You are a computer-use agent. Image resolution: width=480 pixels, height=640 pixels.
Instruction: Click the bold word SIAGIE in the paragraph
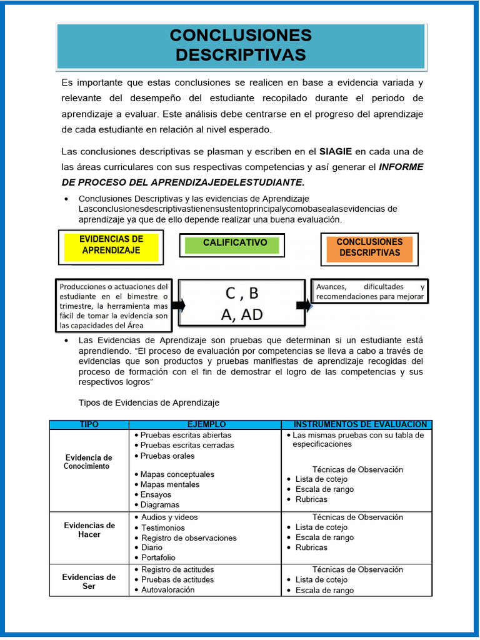(x=336, y=151)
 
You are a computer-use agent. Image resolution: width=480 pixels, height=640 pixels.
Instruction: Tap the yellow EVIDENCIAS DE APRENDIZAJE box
(x=111, y=245)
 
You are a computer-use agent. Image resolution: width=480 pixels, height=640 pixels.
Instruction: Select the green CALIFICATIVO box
(x=232, y=244)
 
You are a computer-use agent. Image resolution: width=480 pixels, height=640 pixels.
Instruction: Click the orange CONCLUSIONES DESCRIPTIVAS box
(x=369, y=247)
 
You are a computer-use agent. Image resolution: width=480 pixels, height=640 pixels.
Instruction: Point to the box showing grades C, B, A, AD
(x=240, y=304)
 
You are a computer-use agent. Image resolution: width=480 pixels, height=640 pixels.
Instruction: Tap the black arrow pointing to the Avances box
(x=304, y=305)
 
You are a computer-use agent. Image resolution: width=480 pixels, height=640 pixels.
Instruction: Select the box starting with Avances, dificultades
(x=370, y=291)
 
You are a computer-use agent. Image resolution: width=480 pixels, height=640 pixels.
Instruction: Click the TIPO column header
(x=89, y=424)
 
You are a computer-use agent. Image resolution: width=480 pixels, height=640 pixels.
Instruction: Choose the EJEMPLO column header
(x=206, y=424)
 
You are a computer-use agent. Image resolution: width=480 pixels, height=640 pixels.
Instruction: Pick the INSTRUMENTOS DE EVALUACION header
(x=356, y=424)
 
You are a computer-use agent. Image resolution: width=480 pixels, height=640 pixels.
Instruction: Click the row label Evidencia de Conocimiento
(x=89, y=462)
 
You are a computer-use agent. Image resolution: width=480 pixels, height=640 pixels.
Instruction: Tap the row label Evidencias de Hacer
(x=89, y=530)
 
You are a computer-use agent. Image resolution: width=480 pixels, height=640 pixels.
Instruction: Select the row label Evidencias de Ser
(x=89, y=581)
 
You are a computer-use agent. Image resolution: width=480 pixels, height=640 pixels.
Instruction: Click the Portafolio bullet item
(x=158, y=557)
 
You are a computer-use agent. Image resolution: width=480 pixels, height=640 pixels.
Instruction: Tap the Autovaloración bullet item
(x=167, y=590)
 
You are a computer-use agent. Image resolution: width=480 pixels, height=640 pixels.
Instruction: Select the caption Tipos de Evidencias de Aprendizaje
(x=149, y=402)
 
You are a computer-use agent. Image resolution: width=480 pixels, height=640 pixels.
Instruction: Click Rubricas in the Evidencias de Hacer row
(x=311, y=547)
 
